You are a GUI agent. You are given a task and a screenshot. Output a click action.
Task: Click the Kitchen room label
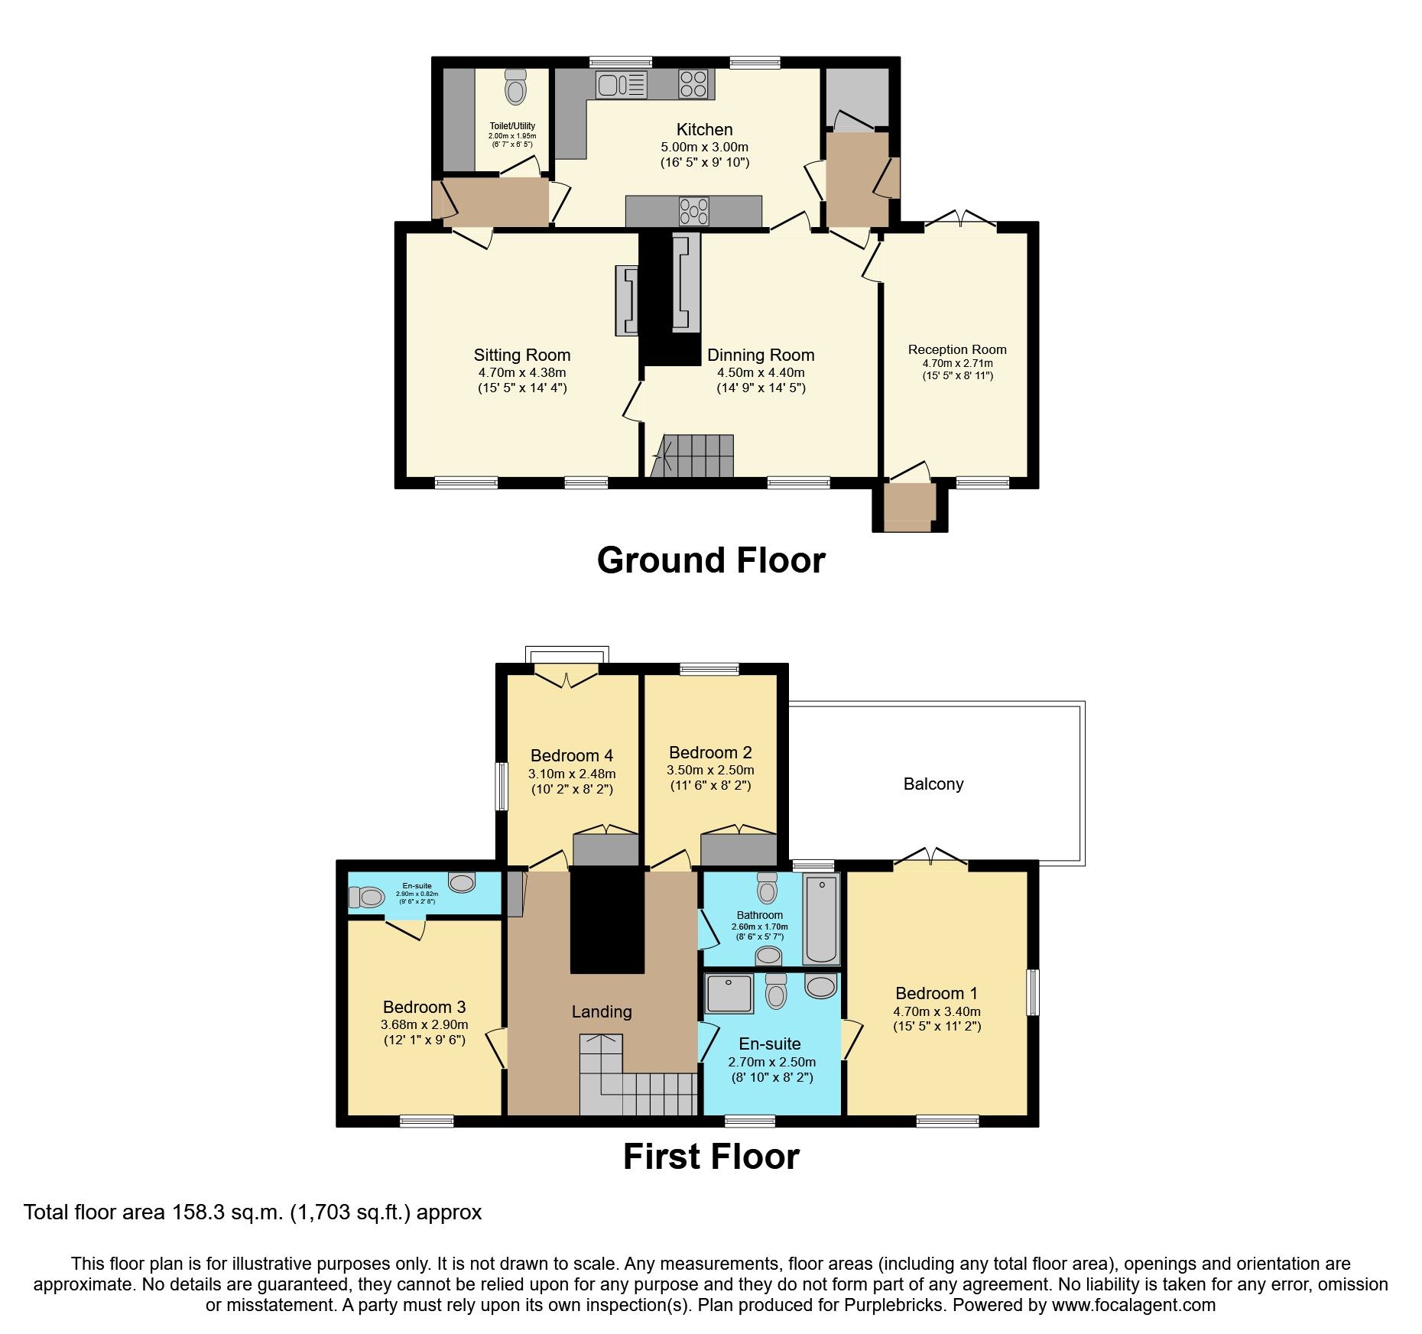pos(704,130)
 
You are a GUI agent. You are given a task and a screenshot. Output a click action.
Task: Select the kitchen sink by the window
pos(612,84)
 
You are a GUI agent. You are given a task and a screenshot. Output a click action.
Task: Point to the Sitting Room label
pos(521,355)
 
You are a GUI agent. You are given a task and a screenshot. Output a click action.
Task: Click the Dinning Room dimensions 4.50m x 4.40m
pos(760,373)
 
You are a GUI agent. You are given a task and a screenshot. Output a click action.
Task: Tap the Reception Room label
pos(957,349)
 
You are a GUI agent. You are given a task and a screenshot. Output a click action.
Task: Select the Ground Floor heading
pos(710,560)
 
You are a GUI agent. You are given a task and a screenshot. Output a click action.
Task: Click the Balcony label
pos(933,784)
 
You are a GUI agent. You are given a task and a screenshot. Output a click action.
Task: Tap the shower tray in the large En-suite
pos(729,992)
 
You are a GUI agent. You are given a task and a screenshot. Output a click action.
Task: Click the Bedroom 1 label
pos(936,993)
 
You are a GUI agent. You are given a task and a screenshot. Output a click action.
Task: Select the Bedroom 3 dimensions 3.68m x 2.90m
pos(424,1024)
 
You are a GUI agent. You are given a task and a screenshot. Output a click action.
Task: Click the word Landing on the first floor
pos(602,1011)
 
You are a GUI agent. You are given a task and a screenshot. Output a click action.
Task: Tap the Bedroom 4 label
pos(571,756)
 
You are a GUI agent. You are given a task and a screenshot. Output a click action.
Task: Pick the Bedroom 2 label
pos(709,752)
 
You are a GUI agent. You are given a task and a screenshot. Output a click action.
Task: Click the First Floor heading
pos(710,1157)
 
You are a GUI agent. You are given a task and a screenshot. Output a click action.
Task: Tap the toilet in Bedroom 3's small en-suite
pos(366,897)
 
